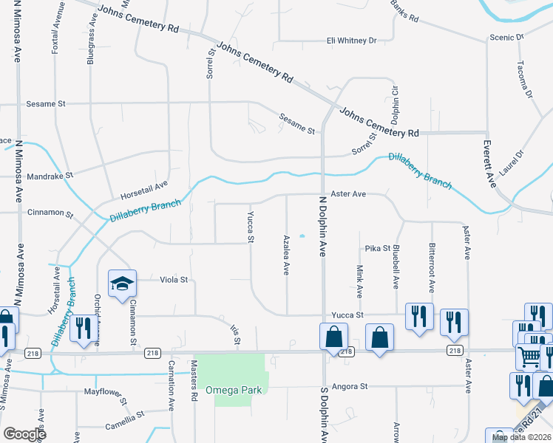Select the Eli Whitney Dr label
(x=352, y=40)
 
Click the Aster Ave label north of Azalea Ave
(x=348, y=194)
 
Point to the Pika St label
(x=377, y=249)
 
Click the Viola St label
(x=174, y=280)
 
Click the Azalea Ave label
(x=286, y=255)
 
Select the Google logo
(x=24, y=434)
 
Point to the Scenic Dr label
(x=506, y=36)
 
